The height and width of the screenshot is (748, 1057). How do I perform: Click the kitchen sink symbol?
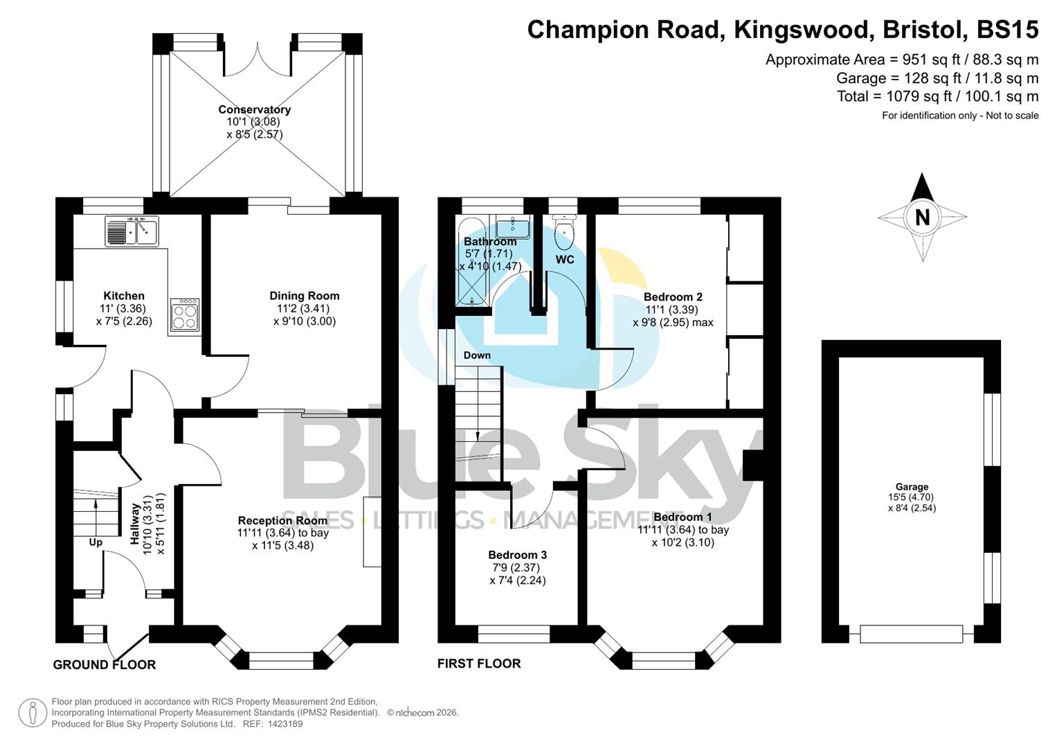[132, 231]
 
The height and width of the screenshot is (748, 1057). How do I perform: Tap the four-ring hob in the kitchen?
[185, 316]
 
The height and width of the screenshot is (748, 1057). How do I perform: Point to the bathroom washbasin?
[513, 226]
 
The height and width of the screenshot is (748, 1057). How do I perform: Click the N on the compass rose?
[922, 218]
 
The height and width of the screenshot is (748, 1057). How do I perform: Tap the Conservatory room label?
[254, 109]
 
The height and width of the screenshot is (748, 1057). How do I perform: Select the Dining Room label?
[304, 296]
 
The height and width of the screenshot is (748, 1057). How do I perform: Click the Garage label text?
[912, 487]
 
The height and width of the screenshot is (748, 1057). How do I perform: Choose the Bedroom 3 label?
[517, 555]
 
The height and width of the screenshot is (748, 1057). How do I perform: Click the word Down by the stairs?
[477, 355]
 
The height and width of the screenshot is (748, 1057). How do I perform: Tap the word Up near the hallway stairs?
[96, 542]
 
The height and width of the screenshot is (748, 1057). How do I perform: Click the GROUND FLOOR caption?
[105, 665]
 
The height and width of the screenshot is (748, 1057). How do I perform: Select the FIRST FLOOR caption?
[479, 664]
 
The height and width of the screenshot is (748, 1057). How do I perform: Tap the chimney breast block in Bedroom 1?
[752, 465]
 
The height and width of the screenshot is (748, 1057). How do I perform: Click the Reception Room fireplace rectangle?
[372, 531]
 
